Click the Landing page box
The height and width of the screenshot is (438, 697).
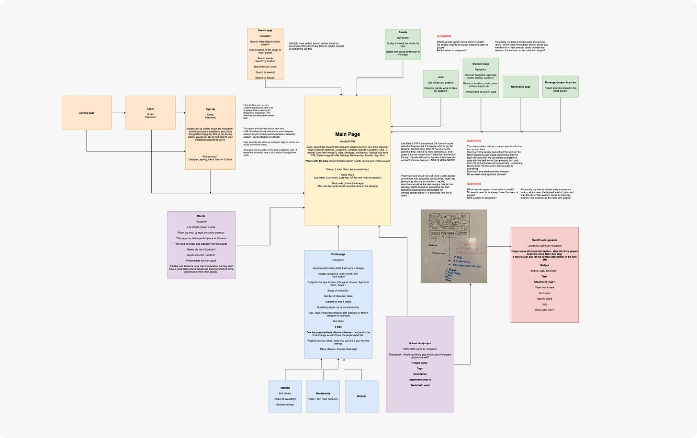(87, 113)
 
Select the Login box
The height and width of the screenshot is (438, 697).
(150, 113)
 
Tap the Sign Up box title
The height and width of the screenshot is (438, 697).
(210, 109)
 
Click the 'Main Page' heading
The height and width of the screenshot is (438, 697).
(348, 134)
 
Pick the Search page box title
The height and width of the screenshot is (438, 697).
(265, 31)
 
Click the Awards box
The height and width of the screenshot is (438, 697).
(403, 44)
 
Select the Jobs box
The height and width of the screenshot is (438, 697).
(440, 84)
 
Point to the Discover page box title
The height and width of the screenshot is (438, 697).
(481, 64)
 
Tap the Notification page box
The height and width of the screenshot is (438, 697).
(520, 87)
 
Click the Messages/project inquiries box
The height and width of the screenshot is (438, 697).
(560, 87)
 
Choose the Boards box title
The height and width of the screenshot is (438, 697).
(201, 216)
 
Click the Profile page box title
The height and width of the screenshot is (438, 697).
(338, 254)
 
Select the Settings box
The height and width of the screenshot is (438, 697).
(285, 396)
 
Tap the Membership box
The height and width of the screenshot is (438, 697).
(323, 396)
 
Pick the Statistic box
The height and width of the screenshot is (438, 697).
(361, 396)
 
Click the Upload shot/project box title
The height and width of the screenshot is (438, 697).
(420, 343)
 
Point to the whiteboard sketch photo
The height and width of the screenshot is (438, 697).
(454, 246)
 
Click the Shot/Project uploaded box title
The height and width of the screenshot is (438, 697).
(544, 240)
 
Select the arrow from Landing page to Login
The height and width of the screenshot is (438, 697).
(118, 113)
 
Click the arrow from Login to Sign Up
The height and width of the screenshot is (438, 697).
(180, 113)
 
